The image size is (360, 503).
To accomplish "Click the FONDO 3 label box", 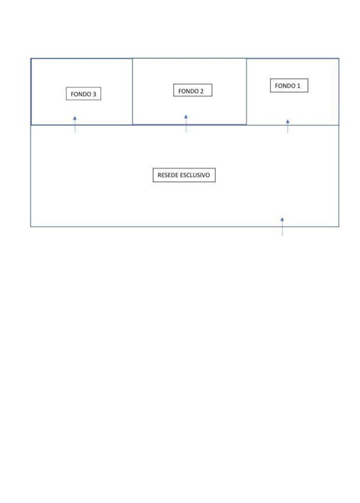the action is tap(83, 94).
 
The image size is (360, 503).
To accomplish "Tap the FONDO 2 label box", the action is tap(193, 90).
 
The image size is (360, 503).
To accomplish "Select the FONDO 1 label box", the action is tap(289, 86).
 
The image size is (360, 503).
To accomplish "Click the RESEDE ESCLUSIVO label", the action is tap(184, 175).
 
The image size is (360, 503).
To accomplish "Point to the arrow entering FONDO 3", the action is tap(75, 124).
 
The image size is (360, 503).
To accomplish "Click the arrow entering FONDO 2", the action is tap(186, 124).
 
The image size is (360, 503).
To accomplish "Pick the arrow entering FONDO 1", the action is tap(288, 126).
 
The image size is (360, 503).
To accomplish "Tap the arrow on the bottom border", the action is tap(282, 227).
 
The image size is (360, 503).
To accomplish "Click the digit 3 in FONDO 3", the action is tap(94, 94).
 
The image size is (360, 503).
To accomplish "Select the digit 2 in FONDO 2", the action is tap(202, 91).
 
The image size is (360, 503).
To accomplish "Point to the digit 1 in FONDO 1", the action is tap(299, 86).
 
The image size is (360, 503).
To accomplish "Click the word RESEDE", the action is tap(167, 175).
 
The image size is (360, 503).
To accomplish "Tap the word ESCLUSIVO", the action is tap(195, 175).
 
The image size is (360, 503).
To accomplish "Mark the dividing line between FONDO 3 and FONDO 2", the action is tap(132, 92).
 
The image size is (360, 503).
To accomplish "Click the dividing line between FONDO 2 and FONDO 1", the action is tap(246, 92).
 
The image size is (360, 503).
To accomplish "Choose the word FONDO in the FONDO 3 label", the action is tap(81, 94).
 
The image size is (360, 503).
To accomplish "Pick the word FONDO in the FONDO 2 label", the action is tap(188, 91).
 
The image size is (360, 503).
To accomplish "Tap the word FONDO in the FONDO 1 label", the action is tap(285, 86).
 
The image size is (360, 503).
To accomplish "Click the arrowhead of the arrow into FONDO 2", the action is tap(186, 117).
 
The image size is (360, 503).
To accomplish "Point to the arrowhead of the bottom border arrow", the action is tap(282, 219).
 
